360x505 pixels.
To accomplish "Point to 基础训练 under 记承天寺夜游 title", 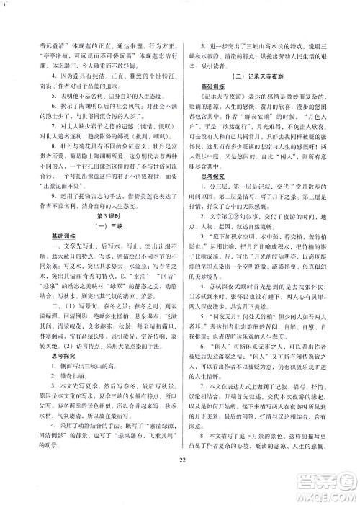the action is [x=209, y=88].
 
